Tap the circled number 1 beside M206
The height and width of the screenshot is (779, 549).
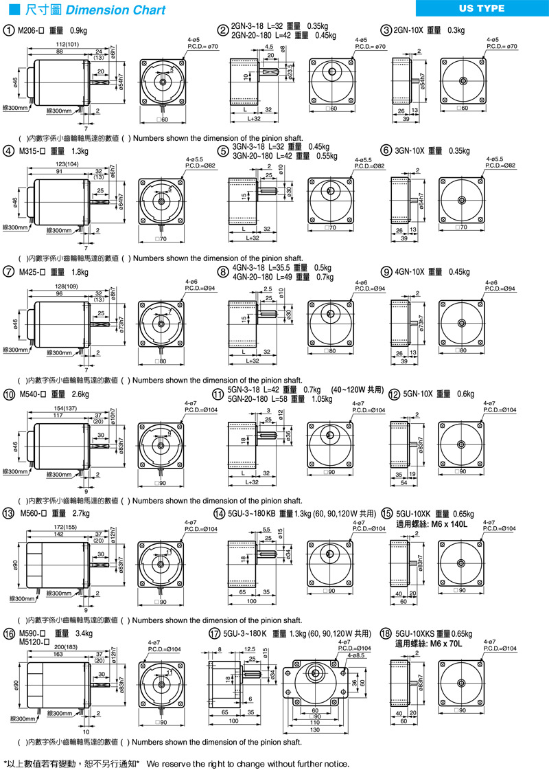click(8, 30)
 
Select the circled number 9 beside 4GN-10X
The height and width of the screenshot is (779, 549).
click(388, 271)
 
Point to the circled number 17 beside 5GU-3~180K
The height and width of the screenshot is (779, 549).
click(214, 633)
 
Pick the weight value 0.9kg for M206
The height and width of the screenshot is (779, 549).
click(79, 31)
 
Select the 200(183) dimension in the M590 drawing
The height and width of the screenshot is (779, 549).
click(65, 647)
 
